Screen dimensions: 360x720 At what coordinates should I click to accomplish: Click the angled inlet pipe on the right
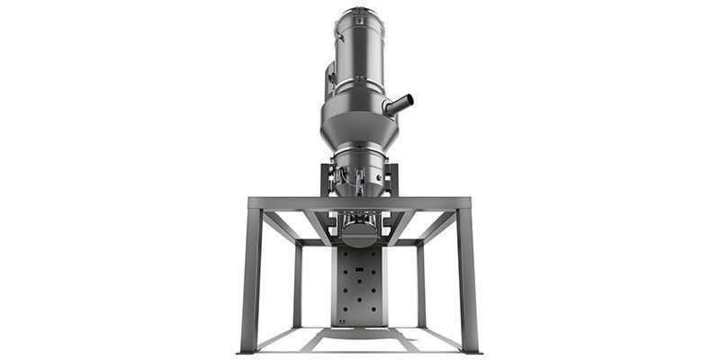(x=398, y=104)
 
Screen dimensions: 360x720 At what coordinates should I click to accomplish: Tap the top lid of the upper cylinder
(x=360, y=12)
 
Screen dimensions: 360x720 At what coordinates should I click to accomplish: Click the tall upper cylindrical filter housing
(x=360, y=49)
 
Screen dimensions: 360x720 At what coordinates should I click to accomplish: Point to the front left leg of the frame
(x=252, y=279)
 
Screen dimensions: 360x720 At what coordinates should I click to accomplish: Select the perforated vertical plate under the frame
(x=359, y=288)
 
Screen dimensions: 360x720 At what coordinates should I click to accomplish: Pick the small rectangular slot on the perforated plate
(x=359, y=268)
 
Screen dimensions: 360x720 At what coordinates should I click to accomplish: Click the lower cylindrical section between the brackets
(x=359, y=175)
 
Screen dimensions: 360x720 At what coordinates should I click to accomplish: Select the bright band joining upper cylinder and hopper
(x=359, y=90)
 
